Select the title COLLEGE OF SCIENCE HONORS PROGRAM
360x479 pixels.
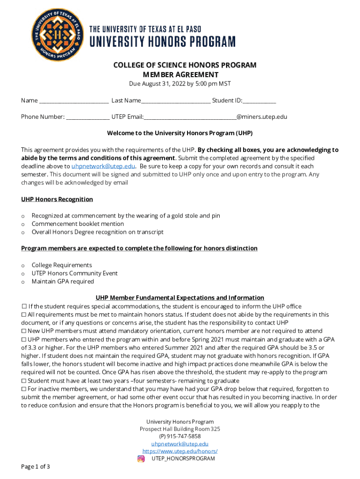pos(185,65)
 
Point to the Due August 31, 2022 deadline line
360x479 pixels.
pos(180,84)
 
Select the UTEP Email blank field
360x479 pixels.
pos(189,117)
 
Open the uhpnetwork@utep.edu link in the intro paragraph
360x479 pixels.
pos(103,166)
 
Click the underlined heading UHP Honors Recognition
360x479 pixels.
pos(57,199)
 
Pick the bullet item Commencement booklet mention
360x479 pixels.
pos(78,224)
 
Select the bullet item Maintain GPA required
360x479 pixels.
pos(63,281)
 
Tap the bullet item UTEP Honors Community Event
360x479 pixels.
pos(74,273)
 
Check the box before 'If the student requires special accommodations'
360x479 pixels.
pos(24,306)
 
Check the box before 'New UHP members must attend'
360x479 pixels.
pos(24,331)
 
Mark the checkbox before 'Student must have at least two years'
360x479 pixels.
pos(24,381)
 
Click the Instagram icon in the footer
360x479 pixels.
pos(141,458)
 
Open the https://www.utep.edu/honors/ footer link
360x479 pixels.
pos(180,451)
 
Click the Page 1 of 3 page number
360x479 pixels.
pos(36,466)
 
